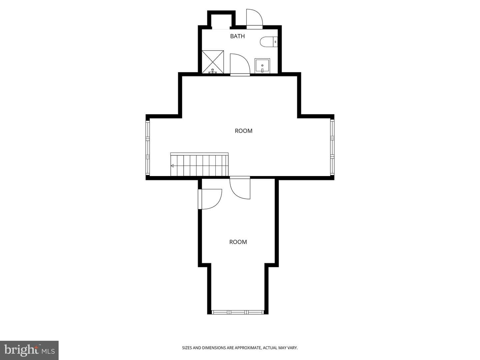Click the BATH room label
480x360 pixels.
coord(237,36)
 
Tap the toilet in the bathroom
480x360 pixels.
coord(269,42)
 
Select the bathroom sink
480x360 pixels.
coord(262,66)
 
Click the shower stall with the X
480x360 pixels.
coord(213,62)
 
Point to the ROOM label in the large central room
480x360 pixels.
coord(243,131)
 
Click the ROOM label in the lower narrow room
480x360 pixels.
coord(238,242)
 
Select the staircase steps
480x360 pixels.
coord(199,164)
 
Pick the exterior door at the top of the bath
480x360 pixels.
coord(254,19)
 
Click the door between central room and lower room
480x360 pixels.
coord(240,188)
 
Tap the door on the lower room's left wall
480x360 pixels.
coord(210,199)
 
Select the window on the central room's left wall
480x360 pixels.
coord(148,148)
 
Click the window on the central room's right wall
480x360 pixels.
coord(332,147)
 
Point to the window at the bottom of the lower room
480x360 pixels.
coord(238,312)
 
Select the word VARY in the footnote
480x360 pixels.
coord(293,348)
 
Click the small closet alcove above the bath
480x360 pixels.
coord(221,21)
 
